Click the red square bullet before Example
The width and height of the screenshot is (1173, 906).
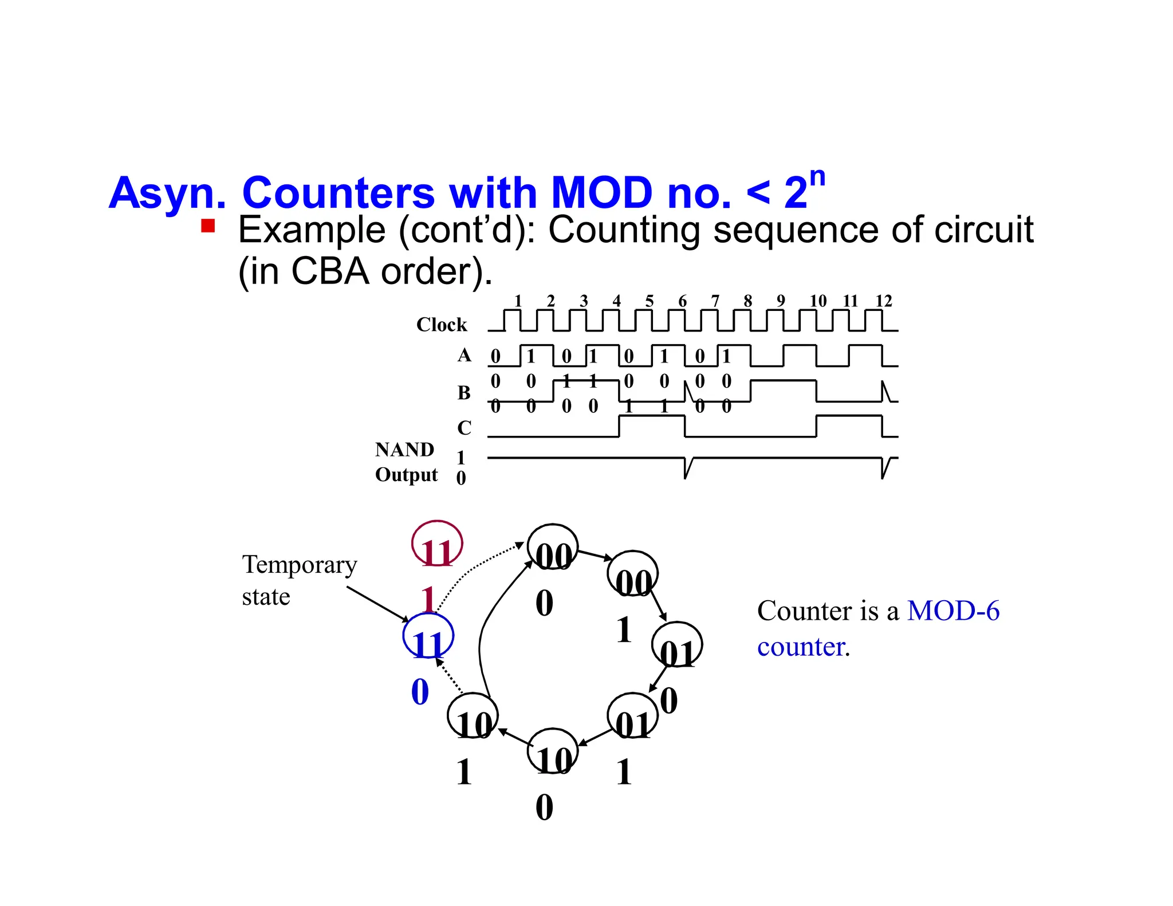click(208, 226)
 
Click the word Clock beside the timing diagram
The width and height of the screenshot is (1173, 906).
click(442, 325)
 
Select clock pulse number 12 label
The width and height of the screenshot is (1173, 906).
click(883, 301)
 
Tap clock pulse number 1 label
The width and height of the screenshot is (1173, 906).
click(518, 301)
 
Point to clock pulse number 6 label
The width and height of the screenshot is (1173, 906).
click(682, 301)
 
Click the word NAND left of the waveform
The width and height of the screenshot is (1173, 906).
click(404, 450)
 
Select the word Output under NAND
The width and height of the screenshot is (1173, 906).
click(406, 475)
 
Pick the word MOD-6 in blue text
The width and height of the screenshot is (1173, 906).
click(953, 611)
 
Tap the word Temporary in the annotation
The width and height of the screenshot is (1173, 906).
click(300, 565)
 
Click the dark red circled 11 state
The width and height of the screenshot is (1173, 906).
click(437, 544)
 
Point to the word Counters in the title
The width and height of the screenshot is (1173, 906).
click(338, 193)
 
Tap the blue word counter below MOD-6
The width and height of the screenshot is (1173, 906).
click(801, 647)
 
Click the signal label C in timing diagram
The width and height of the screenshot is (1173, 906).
click(464, 428)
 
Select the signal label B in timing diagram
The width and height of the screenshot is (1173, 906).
click(464, 393)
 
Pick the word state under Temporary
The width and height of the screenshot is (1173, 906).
click(266, 597)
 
